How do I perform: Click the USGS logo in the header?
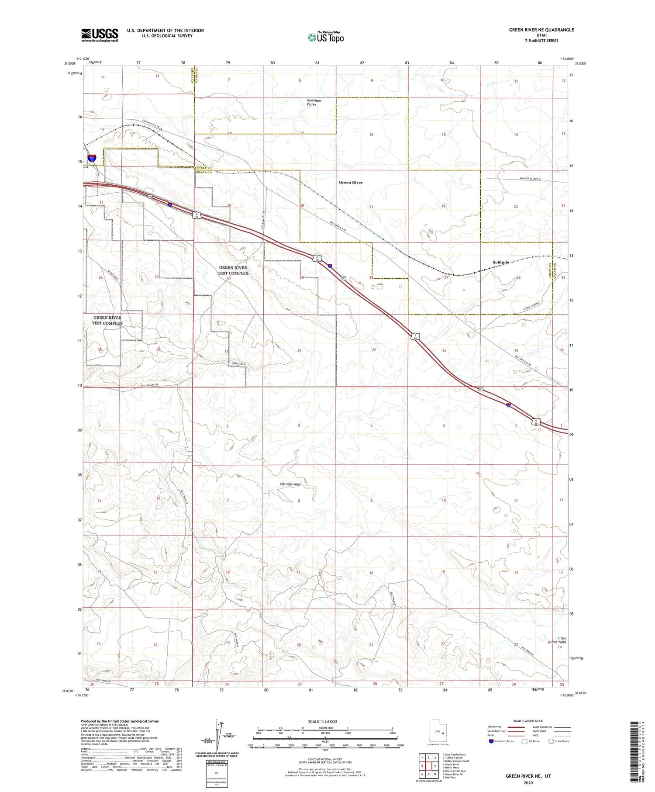tap(100, 35)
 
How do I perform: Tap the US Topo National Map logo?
tap(325, 37)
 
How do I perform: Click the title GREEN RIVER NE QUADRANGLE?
tap(541, 30)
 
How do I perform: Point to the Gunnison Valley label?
tap(314, 102)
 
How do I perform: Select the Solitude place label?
tap(501, 262)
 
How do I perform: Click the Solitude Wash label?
tap(290, 484)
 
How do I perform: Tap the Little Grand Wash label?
tap(557, 640)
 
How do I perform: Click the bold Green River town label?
tap(351, 182)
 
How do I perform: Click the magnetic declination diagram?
tap(217, 736)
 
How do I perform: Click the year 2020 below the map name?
tap(528, 783)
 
